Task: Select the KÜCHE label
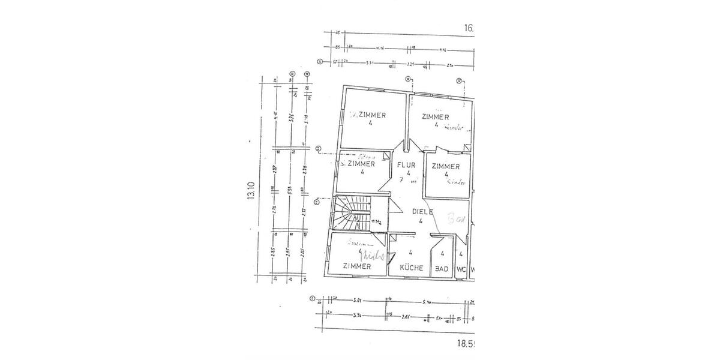tap(410, 268)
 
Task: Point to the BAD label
tap(442, 269)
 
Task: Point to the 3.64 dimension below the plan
tap(359, 299)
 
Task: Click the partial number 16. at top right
tap(468, 28)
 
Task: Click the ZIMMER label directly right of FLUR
tap(446, 166)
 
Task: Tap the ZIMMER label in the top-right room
tap(436, 117)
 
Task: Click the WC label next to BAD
tap(461, 269)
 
